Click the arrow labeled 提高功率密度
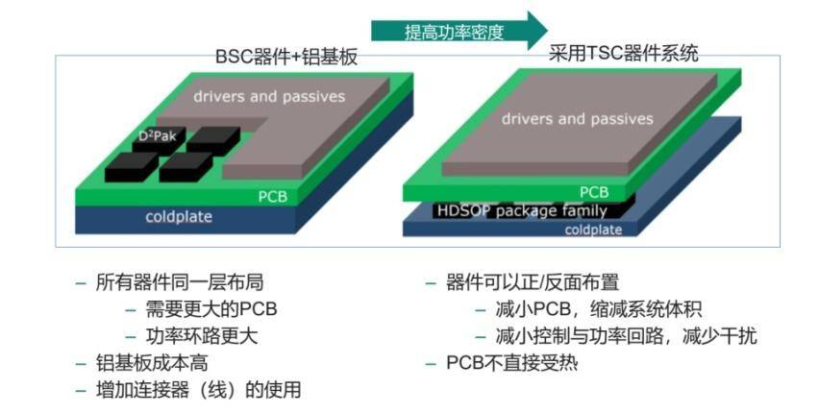[x=458, y=30]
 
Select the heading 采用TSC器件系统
[x=623, y=54]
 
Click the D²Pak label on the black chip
[x=157, y=136]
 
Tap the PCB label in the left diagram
[x=272, y=197]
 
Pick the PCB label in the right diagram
[x=594, y=191]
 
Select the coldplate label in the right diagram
[x=593, y=230]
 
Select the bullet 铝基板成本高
[x=153, y=364]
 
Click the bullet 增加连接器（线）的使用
[x=198, y=390]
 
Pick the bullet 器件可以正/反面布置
[x=532, y=283]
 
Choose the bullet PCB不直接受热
[x=512, y=364]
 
